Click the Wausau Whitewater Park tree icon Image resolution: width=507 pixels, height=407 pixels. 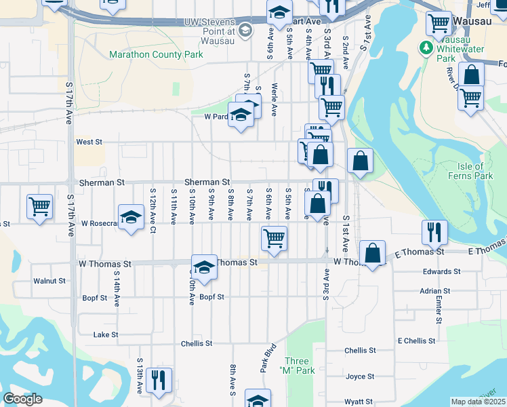[x=426, y=47]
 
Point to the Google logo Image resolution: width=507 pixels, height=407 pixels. [x=22, y=399]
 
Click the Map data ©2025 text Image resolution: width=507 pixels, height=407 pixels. [x=478, y=402]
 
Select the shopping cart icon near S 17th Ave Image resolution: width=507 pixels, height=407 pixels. [x=39, y=206]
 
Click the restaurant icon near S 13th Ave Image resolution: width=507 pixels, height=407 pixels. [x=159, y=379]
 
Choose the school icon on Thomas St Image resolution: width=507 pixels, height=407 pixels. [x=203, y=266]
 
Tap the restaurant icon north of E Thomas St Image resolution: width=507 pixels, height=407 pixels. [x=434, y=233]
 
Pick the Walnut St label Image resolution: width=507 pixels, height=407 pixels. [x=49, y=280]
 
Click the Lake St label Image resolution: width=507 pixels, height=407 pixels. [x=106, y=334]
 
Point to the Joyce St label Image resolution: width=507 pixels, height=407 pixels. [x=360, y=376]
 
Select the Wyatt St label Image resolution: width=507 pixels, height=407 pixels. [x=359, y=402]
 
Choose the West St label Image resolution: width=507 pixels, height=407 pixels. [x=89, y=142]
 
